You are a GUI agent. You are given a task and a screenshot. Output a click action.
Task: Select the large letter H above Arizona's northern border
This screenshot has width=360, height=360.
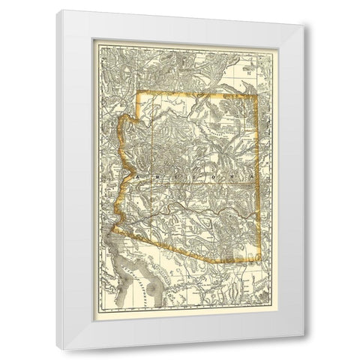250,73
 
